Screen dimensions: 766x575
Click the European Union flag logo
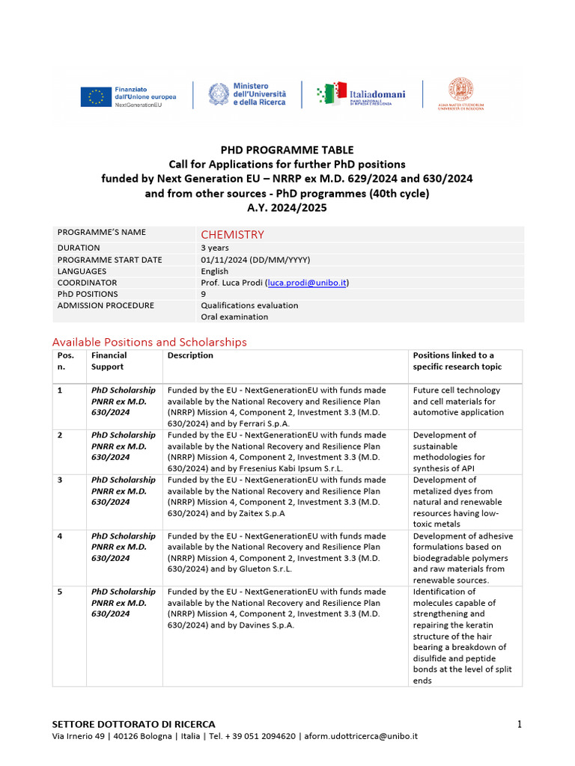96,96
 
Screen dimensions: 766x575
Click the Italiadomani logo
361,95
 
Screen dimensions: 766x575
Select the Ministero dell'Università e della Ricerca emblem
219,94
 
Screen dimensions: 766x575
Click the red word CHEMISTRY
232,234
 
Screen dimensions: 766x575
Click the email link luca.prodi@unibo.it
307,283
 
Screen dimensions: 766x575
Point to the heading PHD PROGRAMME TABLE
287,150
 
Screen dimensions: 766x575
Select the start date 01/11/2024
226,260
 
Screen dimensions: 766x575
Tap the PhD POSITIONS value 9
204,294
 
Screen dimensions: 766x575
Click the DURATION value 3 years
215,248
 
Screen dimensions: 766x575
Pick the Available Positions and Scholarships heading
149,342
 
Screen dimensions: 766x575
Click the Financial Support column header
109,361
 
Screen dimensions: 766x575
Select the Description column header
190,355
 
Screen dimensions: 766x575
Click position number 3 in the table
60,479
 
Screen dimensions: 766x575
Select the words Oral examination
234,316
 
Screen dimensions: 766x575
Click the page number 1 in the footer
518,723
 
